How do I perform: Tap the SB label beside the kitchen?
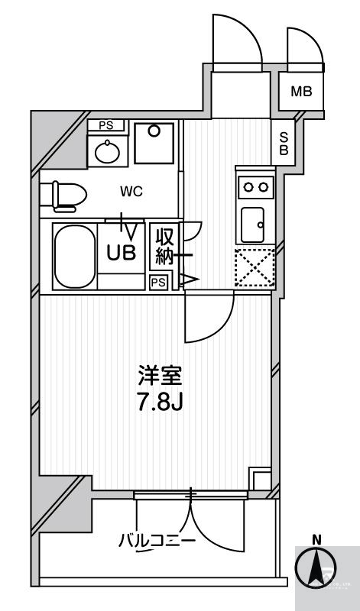click(x=283, y=143)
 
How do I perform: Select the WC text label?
click(x=131, y=192)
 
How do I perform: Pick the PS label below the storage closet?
click(x=158, y=283)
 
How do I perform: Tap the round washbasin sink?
click(x=107, y=152)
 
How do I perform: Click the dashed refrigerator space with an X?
click(x=255, y=267)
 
